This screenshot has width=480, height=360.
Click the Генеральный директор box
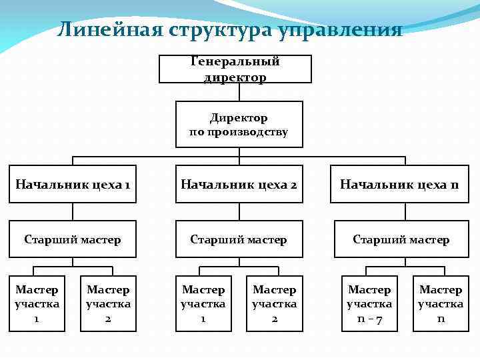(235, 69)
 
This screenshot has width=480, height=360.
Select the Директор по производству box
(238, 124)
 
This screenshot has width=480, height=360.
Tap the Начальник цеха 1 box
(72, 184)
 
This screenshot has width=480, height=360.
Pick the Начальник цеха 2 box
(238, 184)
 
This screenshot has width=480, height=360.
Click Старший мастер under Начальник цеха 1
(72, 239)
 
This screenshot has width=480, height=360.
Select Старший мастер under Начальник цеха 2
(238, 239)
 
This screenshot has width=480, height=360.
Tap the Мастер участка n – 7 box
(369, 304)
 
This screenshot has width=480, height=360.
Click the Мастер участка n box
(441, 304)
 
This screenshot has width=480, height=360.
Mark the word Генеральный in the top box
(235, 62)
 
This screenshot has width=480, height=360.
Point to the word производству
(247, 132)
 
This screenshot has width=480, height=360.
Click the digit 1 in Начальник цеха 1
(127, 184)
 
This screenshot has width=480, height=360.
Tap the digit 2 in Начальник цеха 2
(293, 184)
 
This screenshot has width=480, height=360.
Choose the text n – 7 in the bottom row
(369, 319)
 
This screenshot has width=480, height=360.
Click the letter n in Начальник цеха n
(454, 184)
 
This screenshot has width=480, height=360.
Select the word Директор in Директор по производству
(239, 118)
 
